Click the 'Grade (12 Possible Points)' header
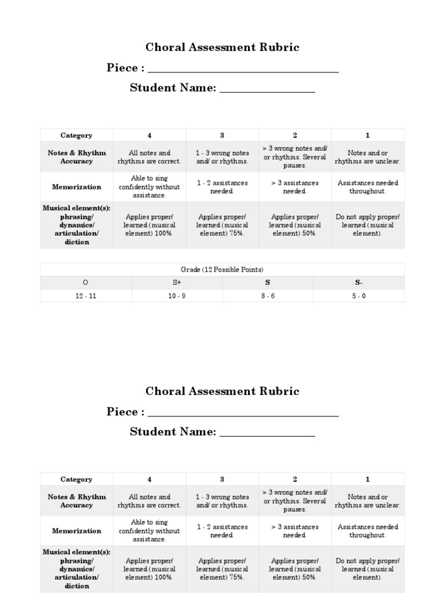[222, 270]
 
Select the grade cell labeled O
[86, 283]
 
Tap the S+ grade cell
[177, 283]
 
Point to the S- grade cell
[359, 283]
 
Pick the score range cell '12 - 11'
[86, 295]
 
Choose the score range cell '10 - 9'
[177, 295]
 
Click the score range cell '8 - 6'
[267, 295]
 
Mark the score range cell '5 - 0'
[359, 295]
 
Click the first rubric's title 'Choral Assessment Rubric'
[222, 47]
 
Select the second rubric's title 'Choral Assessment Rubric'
[222, 391]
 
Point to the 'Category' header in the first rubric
[76, 136]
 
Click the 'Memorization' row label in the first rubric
[76, 187]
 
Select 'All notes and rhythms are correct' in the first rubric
[149, 157]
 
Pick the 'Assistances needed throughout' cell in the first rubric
[367, 187]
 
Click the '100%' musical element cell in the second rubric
[149, 569]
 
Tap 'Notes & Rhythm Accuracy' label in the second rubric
[76, 501]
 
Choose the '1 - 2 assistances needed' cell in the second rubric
[222, 531]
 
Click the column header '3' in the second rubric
[222, 479]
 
